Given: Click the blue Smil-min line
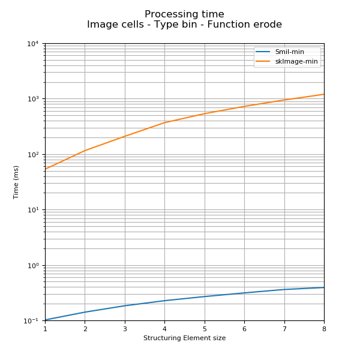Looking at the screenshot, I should [x=205, y=296].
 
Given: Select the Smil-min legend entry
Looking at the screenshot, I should [x=289, y=52].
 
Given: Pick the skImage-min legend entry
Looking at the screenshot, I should [x=296, y=62].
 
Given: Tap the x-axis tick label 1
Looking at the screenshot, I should [x=45, y=329].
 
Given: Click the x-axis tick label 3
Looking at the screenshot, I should [x=125, y=329].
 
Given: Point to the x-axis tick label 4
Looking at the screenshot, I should [x=164, y=329].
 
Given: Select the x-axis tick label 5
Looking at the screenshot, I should [x=205, y=329].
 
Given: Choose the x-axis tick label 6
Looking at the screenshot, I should [x=244, y=329].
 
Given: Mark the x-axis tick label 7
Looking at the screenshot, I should [x=284, y=329].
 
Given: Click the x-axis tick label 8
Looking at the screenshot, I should [x=324, y=329].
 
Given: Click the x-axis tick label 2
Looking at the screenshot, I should [x=85, y=329].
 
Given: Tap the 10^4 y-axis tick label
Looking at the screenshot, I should [x=32, y=44].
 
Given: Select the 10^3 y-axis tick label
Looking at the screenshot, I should [x=32, y=99].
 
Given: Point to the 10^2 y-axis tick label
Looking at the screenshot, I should [x=32, y=155].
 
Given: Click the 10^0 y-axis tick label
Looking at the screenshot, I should [x=32, y=265].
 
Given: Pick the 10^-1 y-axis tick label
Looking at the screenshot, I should [x=31, y=321].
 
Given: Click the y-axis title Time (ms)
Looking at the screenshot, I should [x=16, y=182].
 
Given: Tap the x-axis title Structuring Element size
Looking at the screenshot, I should [x=184, y=338].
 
